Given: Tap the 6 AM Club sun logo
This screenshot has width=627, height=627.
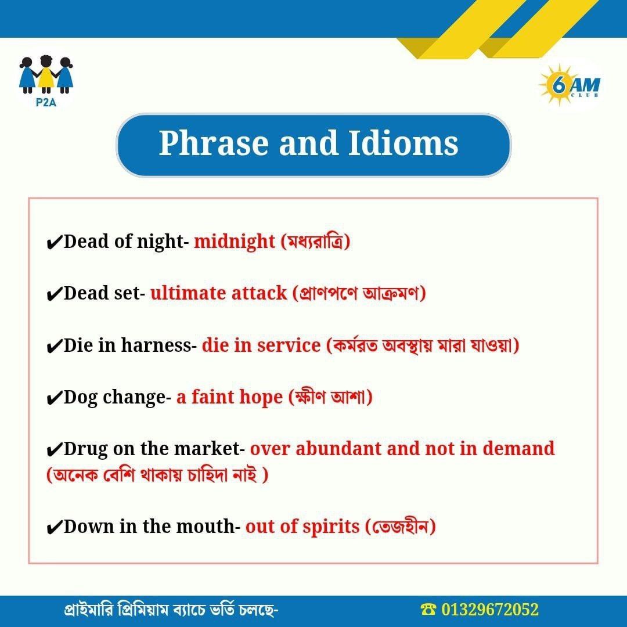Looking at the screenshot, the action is [570, 85].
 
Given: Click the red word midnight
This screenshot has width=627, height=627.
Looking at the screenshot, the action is [235, 241].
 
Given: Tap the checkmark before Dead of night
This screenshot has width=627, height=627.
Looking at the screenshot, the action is [54, 242].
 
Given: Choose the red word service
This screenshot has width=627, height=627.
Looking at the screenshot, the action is [289, 345].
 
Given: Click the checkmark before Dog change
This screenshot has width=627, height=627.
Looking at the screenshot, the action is [54, 398].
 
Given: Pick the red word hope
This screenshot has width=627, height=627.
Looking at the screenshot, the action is [260, 398].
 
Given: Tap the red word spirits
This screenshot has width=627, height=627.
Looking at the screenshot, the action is [331, 527].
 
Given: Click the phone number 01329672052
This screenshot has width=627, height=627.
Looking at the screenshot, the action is [490, 610].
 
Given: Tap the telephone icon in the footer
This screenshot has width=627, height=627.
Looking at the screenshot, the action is [429, 610].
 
